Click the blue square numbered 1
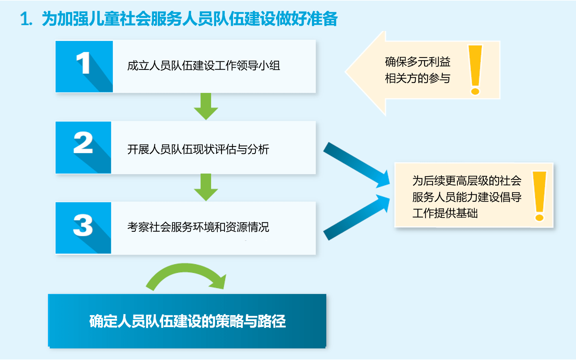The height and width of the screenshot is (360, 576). tap(84, 66)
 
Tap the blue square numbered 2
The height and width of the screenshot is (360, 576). tap(83, 147)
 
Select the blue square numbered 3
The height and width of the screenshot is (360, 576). tap(83, 228)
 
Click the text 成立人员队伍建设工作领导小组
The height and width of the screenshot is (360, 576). tap(203, 66)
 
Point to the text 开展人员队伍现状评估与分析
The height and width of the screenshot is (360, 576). tap(198, 150)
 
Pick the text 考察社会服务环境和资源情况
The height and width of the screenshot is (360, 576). tap(198, 227)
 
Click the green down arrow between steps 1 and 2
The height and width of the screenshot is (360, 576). tap(206, 106)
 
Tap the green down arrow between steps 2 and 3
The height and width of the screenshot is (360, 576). tap(206, 187)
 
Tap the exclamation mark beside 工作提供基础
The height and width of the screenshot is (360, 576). tap(539, 196)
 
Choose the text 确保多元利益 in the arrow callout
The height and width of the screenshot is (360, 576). tap(418, 62)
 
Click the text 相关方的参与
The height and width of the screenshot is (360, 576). tap(418, 79)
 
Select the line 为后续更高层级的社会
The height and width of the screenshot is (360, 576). tap(467, 181)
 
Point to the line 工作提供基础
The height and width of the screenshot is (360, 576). tap(445, 213)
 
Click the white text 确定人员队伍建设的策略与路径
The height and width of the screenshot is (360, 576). tap(187, 321)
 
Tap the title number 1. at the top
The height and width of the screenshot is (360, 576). tap(26, 19)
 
